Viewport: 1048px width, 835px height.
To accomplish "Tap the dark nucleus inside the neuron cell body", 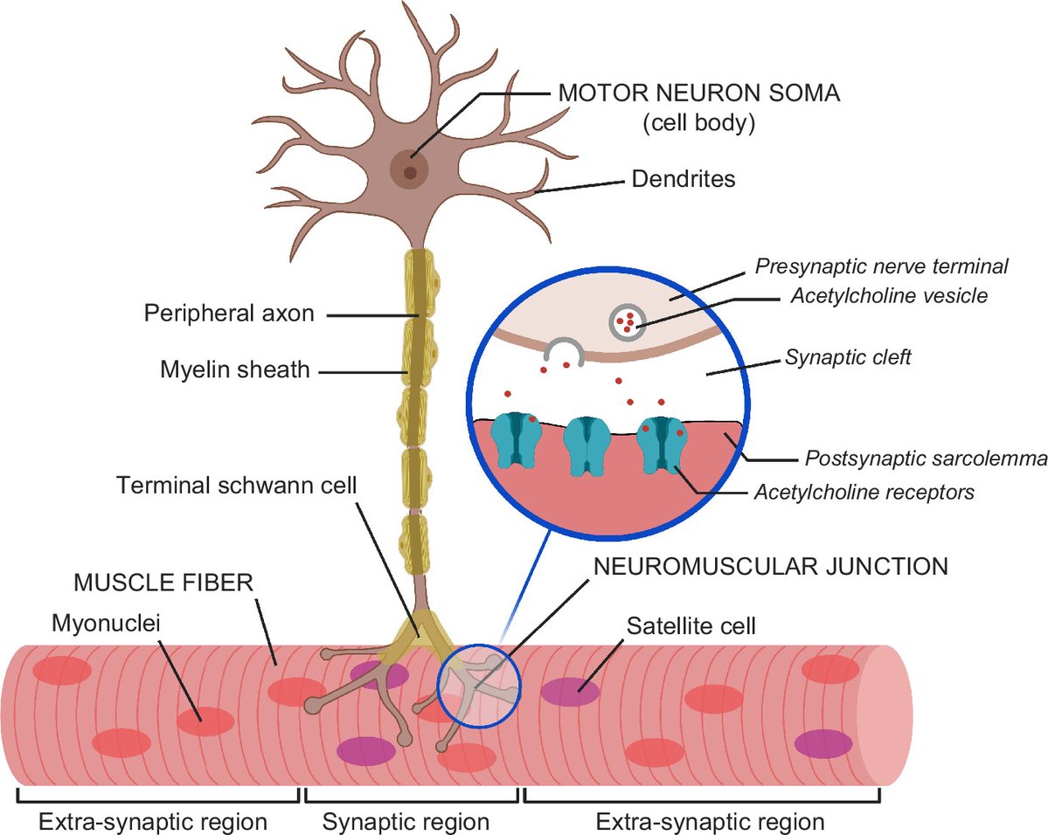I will coord(409,172).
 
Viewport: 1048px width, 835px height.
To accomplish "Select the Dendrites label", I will coord(683,180).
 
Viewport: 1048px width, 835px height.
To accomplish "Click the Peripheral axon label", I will coord(229,314).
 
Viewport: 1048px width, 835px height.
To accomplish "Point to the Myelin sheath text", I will coord(235,370).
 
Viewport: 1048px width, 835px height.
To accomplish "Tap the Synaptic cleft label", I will coord(848,357).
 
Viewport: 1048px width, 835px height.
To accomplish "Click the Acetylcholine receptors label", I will coord(864,493).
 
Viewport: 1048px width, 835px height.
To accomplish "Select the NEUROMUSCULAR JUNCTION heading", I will coord(770,566).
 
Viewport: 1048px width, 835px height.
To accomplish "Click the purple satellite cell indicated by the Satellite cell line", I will coord(570,692).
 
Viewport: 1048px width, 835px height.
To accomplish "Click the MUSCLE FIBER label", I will coord(163,583).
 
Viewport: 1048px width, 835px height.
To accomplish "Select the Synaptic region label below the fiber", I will coord(406,822).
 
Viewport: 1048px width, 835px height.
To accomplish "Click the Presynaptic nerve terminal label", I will coord(882,266).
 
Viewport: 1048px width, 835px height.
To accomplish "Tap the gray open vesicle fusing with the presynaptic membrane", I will coord(565,352).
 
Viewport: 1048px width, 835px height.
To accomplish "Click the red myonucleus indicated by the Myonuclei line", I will coord(205,721).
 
